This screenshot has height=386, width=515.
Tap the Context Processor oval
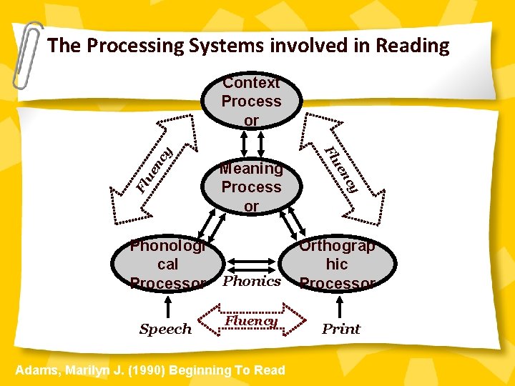251,102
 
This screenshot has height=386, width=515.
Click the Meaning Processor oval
251,187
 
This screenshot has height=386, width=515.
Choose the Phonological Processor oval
167,264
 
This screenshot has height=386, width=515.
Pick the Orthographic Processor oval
337,264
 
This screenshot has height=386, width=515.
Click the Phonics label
252,281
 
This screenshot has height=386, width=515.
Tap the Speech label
165,330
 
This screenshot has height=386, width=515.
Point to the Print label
341,330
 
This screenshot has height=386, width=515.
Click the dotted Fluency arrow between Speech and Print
252,321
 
